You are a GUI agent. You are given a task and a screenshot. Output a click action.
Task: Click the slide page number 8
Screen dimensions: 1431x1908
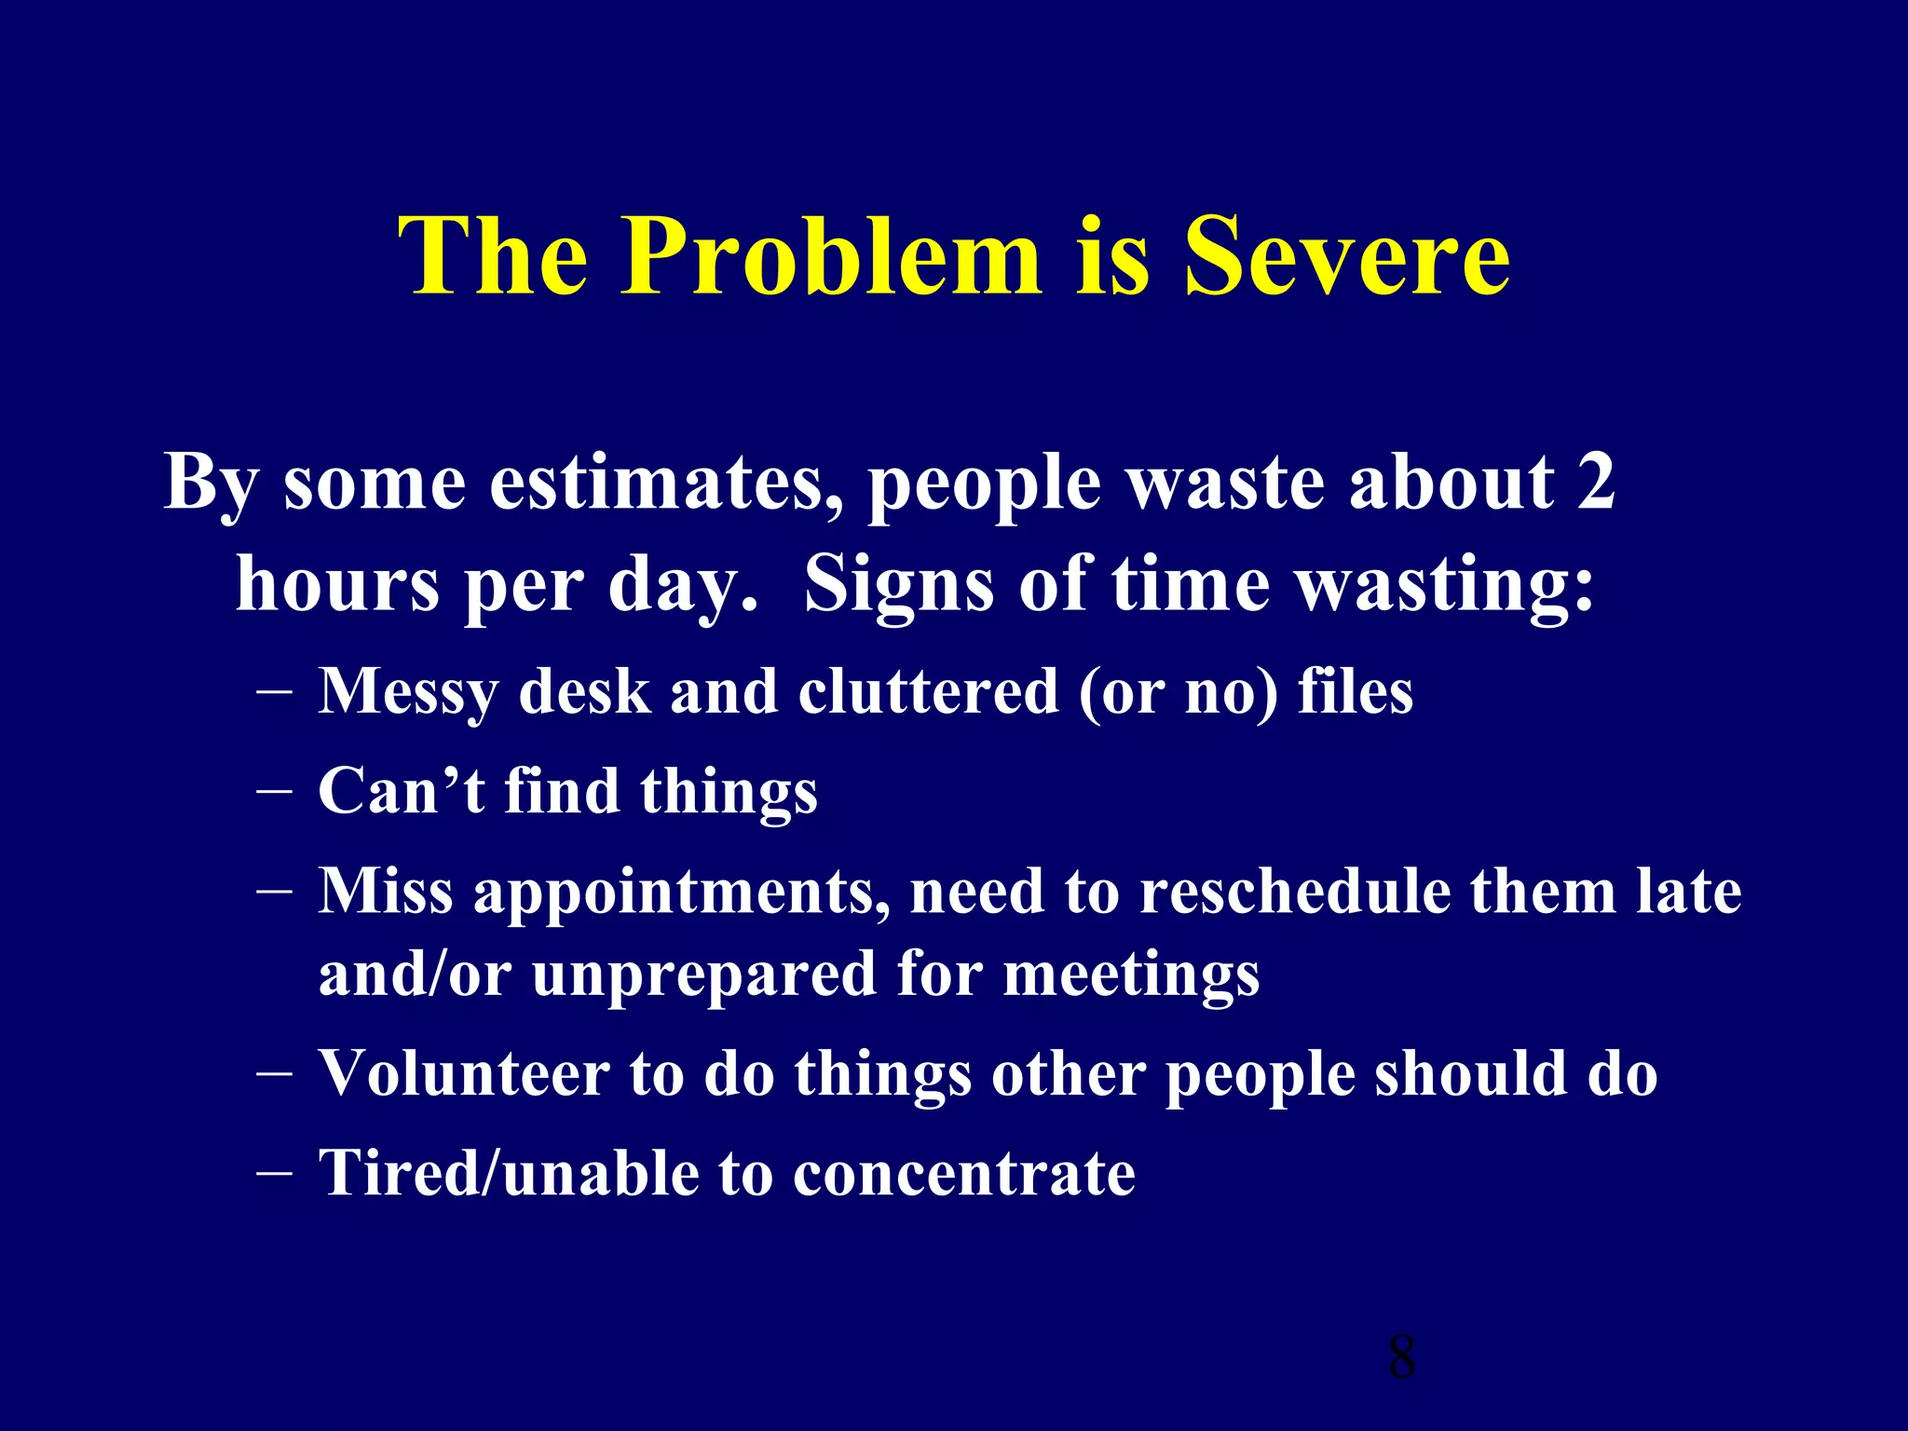click(1401, 1356)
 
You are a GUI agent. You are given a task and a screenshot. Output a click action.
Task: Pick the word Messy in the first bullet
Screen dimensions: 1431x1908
click(408, 693)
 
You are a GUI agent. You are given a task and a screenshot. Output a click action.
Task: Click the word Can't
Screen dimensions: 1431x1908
click(402, 791)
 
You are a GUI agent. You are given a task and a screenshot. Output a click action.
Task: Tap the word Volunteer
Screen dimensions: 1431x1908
click(464, 1073)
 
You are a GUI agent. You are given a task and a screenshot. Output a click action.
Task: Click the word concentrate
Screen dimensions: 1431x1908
click(964, 1173)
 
